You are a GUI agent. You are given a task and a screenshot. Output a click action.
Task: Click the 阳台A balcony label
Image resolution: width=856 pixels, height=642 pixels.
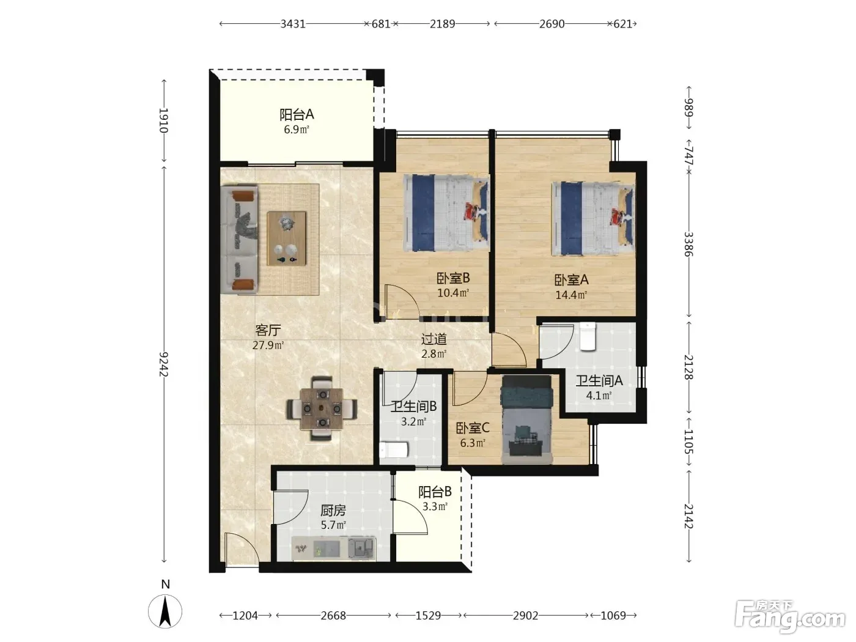pos(297,114)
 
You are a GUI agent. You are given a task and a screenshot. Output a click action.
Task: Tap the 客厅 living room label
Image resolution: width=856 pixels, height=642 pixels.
pos(268,330)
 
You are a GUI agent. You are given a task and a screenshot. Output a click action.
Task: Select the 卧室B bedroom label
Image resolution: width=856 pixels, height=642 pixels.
pos(453,278)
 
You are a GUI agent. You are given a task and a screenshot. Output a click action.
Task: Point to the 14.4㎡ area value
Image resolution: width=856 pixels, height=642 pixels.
pos(571,295)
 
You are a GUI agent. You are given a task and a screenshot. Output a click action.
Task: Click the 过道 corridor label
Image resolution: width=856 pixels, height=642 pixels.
pos(434,339)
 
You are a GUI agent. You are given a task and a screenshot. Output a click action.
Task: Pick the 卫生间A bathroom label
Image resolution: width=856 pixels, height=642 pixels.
pos(599,380)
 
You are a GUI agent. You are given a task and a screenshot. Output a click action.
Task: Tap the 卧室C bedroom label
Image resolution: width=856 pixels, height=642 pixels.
pos(472,428)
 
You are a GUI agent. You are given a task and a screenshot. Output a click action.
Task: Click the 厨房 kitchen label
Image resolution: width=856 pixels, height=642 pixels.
pos(333,511)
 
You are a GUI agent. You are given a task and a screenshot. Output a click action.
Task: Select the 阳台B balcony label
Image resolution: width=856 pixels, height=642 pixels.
pos(435,492)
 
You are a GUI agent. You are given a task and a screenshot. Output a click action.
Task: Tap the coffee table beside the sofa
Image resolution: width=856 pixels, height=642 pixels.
pos(286,238)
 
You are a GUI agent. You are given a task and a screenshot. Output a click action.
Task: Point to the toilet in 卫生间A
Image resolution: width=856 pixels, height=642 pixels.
pos(588,336)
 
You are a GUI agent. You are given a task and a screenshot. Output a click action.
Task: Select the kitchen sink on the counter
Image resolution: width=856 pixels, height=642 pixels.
pos(361,548)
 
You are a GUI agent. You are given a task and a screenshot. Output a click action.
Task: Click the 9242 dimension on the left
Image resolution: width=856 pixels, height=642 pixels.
pos(164,364)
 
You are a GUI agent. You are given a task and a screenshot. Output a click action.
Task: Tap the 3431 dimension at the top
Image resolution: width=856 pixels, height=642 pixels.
pos(293,24)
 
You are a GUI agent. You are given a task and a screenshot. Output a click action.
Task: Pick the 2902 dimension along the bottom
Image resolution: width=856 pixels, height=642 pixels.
pos(525,616)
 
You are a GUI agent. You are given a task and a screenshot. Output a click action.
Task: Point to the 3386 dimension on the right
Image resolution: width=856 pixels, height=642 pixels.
pos(688,244)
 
